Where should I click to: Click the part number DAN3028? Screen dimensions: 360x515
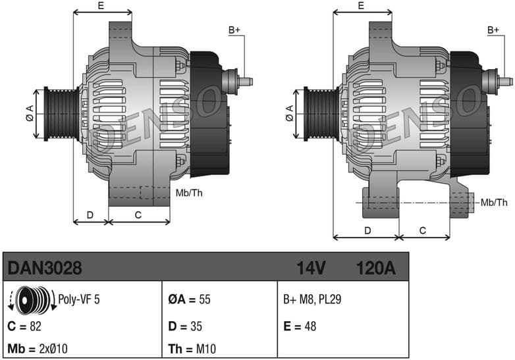point(44,268)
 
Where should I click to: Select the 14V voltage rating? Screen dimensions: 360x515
point(311,268)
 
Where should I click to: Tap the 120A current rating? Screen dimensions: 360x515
point(375,268)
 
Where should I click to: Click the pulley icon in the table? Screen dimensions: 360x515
point(33,300)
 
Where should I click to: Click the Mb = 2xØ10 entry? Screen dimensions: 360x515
point(38,348)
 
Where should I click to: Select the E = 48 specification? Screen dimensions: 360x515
point(302,326)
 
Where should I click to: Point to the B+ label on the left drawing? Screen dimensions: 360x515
point(234,30)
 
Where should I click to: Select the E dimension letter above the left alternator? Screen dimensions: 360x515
point(101,5)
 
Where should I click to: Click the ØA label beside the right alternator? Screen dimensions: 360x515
point(290,113)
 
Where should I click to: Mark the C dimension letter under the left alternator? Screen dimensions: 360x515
point(138,214)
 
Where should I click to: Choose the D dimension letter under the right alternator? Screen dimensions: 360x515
point(367,230)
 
